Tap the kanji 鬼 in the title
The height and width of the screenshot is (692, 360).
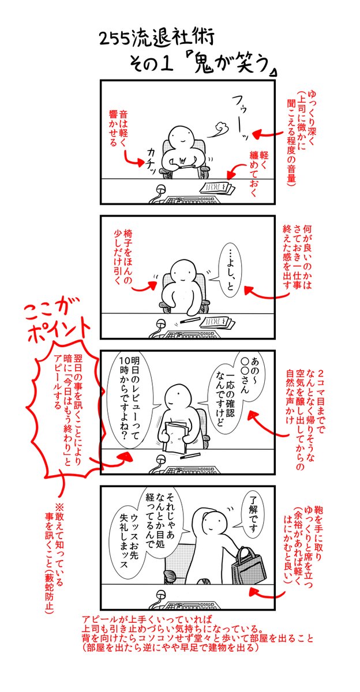point(204,63)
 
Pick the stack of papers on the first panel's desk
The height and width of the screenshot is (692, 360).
point(217,189)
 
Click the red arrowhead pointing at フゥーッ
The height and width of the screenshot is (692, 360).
point(257,135)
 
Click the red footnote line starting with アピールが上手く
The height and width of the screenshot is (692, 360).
point(147,619)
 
